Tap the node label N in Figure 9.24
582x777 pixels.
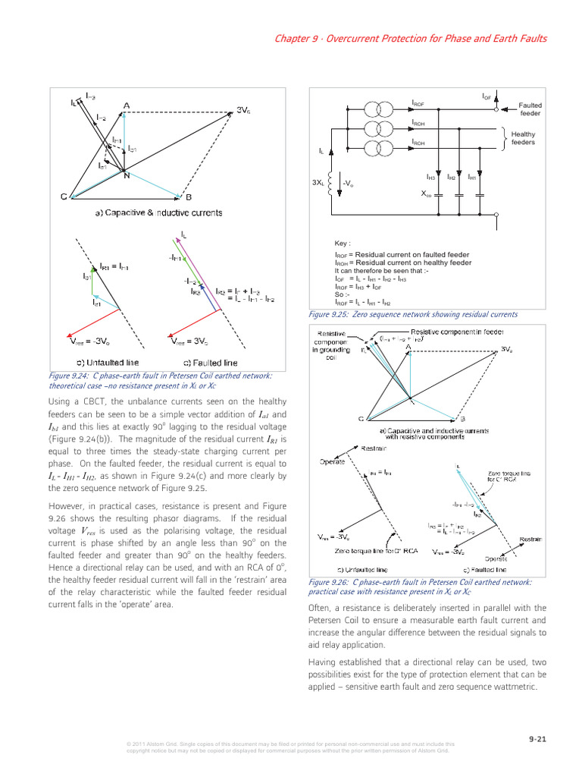[127, 177]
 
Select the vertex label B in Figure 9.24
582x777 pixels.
[189, 197]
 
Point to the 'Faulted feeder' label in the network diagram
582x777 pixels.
[530, 109]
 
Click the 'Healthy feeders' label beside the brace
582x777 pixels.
[523, 138]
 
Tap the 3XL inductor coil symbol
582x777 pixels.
[331, 183]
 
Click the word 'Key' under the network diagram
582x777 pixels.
[343, 244]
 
